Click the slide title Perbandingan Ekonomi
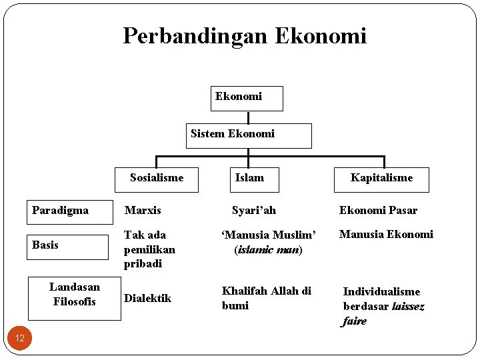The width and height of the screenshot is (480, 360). point(245,35)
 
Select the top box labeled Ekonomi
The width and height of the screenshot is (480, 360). point(247,98)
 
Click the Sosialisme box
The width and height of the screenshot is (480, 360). point(156,179)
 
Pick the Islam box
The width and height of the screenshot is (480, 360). point(249,179)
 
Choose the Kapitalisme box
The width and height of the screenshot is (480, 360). point(381,179)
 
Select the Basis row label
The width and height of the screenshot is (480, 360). point(67,246)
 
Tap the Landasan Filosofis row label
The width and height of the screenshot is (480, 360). point(75,295)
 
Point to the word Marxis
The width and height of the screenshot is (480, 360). point(143,211)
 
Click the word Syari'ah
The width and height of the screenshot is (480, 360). point(253,211)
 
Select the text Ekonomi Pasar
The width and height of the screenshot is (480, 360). point(378,211)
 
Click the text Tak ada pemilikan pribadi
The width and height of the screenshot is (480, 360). point(149,249)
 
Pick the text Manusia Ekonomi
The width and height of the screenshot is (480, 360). point(386,234)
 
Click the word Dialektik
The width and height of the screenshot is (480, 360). point(147,298)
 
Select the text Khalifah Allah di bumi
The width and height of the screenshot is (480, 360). point(266,298)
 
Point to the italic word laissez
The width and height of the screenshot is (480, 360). point(408,306)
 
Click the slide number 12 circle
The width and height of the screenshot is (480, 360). point(20,338)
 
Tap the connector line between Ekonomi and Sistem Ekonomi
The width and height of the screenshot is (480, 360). point(248,117)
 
